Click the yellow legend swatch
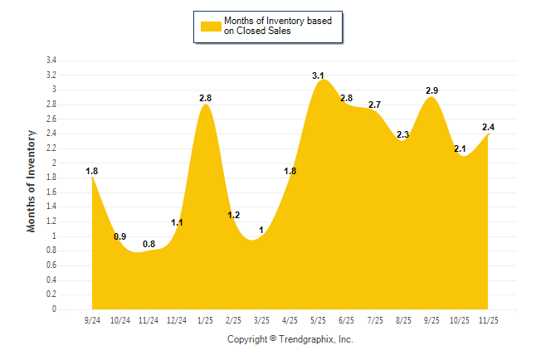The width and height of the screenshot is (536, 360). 211,26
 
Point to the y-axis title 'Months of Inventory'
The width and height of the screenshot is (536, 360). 32,180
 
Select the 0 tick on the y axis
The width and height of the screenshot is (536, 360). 54,309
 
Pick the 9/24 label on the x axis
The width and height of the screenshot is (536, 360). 92,319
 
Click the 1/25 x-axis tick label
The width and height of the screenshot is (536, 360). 205,319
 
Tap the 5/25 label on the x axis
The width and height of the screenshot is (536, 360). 318,319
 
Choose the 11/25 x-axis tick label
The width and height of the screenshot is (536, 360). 488,319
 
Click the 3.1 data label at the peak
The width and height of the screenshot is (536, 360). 318,75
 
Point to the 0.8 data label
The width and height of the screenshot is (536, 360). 149,244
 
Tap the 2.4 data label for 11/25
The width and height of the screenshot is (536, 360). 488,127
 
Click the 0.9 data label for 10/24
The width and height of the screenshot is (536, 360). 120,236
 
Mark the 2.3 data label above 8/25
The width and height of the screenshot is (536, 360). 403,134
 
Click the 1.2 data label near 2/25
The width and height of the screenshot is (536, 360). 233,215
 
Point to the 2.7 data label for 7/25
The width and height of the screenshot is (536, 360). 374,105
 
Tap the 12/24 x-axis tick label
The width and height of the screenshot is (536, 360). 177,319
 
